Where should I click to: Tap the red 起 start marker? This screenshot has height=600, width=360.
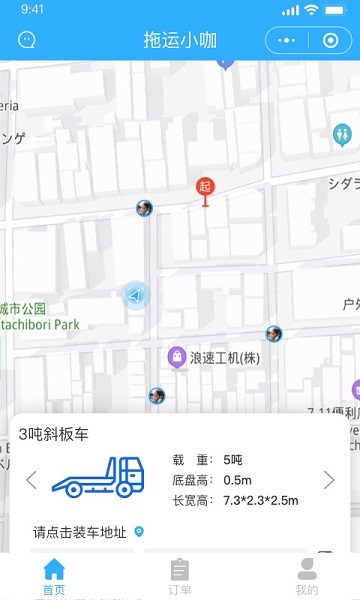click(205, 187)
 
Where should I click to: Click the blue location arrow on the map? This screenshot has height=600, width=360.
click(135, 295)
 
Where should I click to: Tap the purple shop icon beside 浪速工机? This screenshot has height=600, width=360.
click(176, 356)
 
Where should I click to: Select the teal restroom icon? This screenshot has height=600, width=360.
click(343, 133)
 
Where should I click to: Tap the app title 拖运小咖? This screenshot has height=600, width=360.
click(180, 41)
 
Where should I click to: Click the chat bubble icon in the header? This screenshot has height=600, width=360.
click(27, 41)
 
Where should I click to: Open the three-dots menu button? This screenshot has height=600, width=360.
click(287, 41)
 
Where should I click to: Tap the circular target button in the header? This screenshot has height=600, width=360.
click(330, 41)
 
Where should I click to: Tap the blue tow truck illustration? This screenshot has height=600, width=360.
click(98, 479)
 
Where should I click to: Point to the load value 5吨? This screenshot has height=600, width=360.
click(233, 460)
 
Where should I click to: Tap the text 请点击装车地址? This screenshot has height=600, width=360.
click(80, 532)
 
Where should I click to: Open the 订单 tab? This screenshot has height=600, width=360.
click(180, 577)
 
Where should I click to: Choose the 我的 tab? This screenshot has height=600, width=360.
click(307, 577)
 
